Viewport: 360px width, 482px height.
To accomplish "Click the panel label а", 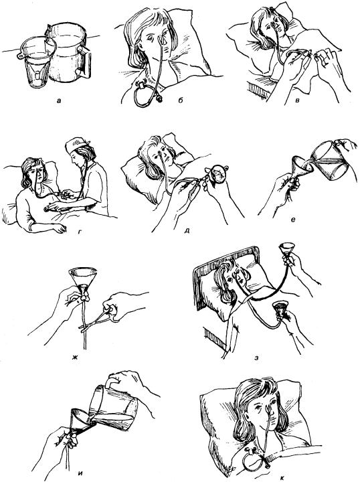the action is (58, 101).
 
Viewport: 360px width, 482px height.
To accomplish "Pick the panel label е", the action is (293, 220).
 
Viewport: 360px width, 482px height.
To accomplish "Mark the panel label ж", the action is (76, 358).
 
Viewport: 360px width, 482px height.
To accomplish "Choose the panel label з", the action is (256, 358).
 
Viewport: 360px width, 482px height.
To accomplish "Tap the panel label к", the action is (282, 478).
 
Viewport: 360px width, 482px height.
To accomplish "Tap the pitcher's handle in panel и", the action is (111, 383).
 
